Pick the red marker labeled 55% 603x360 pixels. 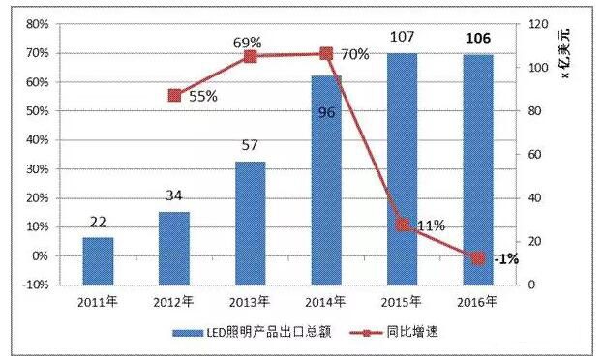pos(175,95)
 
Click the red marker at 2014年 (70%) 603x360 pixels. pos(326,53)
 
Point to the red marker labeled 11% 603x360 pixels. pos(402,225)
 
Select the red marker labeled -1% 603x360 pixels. pos(477,258)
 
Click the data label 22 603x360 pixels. pos(97,223)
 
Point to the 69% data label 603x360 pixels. pos(249,43)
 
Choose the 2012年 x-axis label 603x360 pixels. pos(174,301)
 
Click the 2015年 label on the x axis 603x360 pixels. pos(402,301)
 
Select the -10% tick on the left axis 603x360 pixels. pos(36,285)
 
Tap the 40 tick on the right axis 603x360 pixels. pos(533,198)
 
